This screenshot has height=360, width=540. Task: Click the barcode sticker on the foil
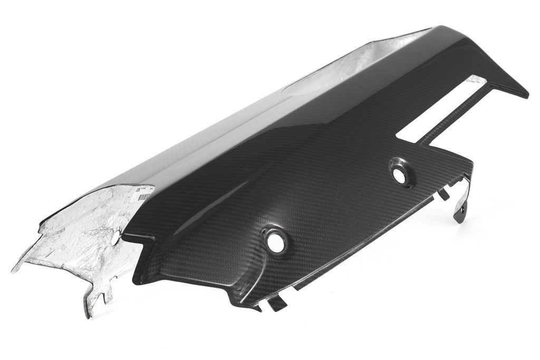click(144, 192)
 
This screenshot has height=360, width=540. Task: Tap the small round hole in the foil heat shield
click(115, 238)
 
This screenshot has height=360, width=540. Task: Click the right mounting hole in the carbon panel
click(400, 177)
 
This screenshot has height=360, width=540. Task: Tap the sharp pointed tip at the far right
click(526, 96)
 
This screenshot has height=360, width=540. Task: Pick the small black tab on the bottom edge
click(278, 304)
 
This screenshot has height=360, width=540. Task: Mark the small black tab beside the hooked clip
click(443, 193)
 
